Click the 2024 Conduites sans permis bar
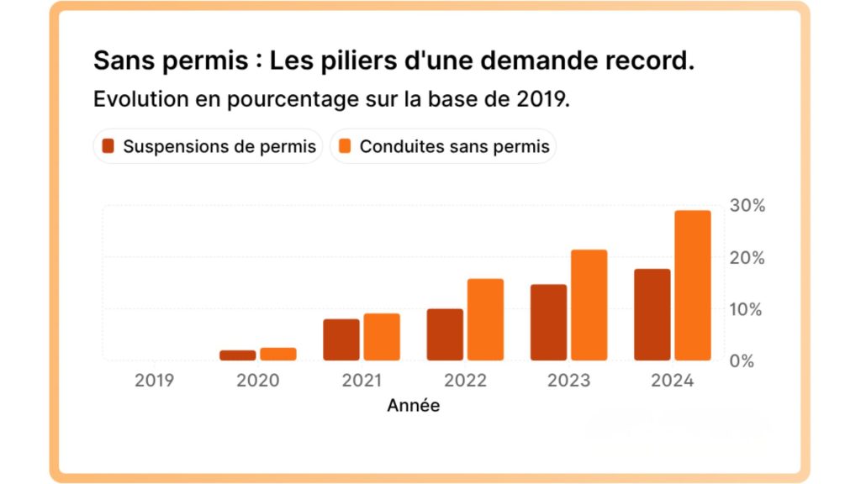click(693, 285)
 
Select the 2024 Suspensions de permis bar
click(652, 314)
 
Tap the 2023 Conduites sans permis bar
click(589, 305)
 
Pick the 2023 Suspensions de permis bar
click(548, 323)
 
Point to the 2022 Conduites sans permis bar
click(485, 319)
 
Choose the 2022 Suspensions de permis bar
click(445, 334)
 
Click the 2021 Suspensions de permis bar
click(341, 339)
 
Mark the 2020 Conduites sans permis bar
click(278, 354)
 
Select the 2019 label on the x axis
click(155, 381)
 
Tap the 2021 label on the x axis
click(362, 381)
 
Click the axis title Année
click(413, 406)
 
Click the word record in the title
click(646, 60)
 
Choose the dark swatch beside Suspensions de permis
click(108, 146)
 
